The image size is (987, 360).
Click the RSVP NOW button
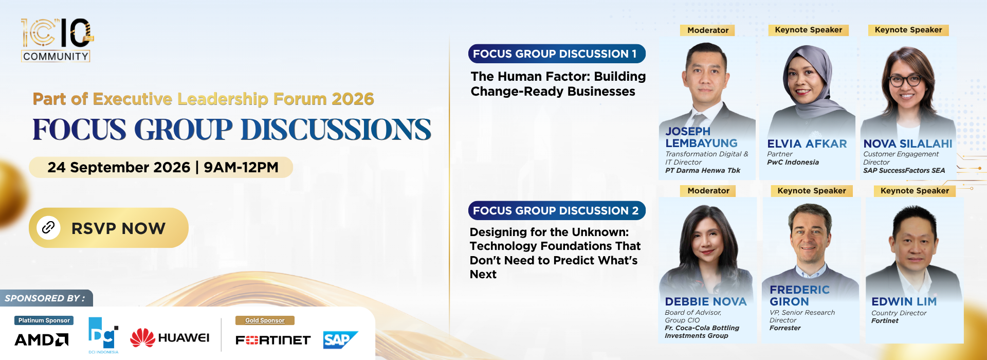pyautogui.click(x=108, y=228)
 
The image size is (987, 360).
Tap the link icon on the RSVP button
pyautogui.click(x=48, y=227)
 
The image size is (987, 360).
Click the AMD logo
pyautogui.click(x=42, y=340)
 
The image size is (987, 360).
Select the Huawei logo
pyautogui.click(x=170, y=338)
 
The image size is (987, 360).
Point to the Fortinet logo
pyautogui.click(x=273, y=340)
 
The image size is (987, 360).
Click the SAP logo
pyautogui.click(x=340, y=340)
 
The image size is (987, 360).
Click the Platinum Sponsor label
pyautogui.click(x=44, y=320)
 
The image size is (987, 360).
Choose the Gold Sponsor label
pyautogui.click(x=265, y=320)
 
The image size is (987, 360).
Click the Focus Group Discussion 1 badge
pyautogui.click(x=557, y=54)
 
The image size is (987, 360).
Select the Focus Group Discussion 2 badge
pyautogui.click(x=557, y=210)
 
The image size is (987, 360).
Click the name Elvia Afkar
pyautogui.click(x=807, y=144)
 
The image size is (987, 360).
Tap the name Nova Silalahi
pyautogui.click(x=908, y=144)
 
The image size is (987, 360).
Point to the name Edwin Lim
pyautogui.click(x=904, y=302)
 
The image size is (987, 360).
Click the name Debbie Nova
pyautogui.click(x=705, y=302)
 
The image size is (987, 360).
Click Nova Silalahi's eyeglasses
pyautogui.click(x=906, y=80)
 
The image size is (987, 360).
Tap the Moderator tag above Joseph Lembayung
pyautogui.click(x=708, y=30)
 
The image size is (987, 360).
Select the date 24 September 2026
pyautogui.click(x=119, y=167)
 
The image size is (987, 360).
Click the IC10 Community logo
pyautogui.click(x=57, y=40)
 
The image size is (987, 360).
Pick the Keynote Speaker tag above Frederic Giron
pyautogui.click(x=812, y=191)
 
